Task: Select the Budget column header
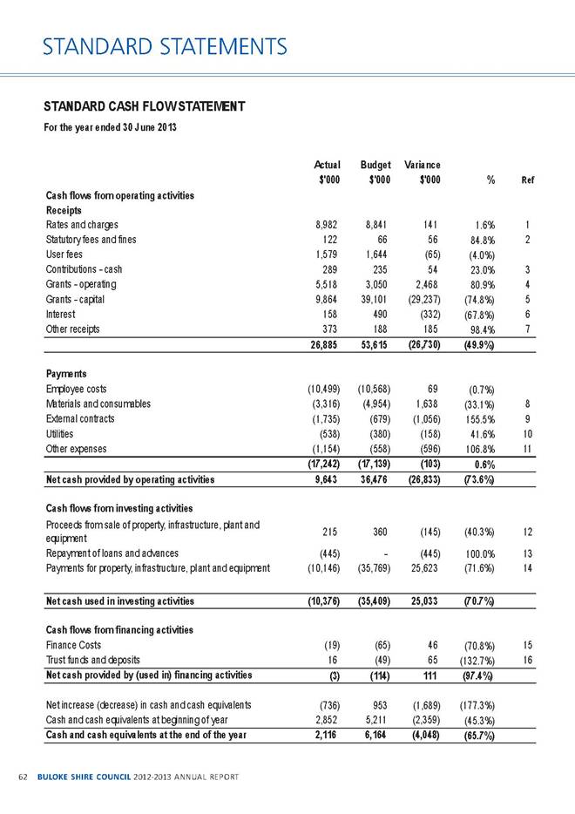tap(375, 163)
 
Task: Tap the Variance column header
tap(422, 163)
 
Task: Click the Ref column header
tap(527, 180)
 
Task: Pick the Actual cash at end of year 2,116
tap(326, 736)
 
